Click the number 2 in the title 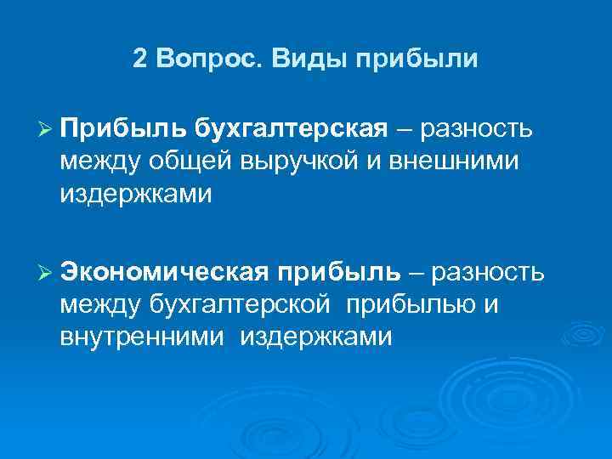pos(140,59)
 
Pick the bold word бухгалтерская pos(291,128)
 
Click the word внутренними pos(142,337)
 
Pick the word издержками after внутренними pos(316,337)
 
